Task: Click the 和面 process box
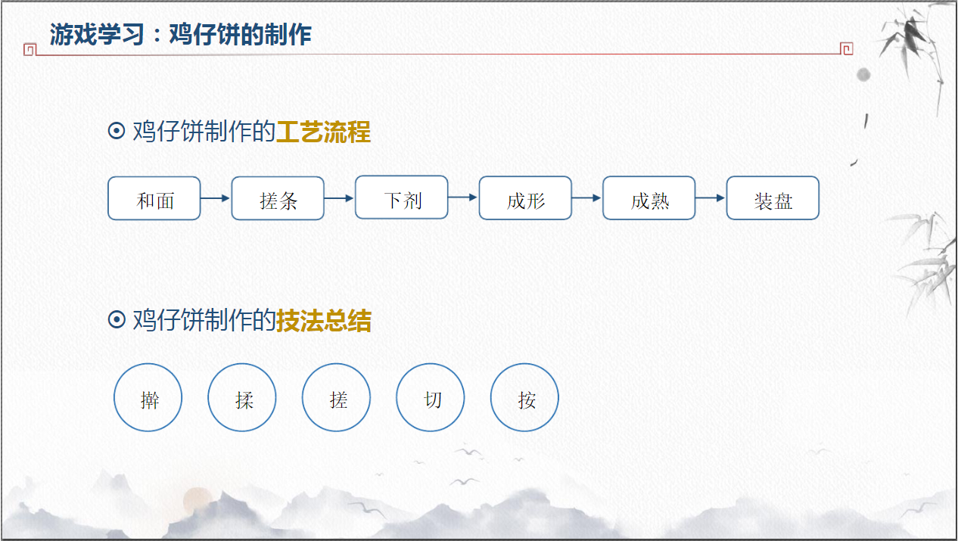[x=154, y=198]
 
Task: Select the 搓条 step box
[x=278, y=198]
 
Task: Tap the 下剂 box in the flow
[x=402, y=197]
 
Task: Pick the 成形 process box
[x=525, y=198]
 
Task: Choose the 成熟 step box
[x=649, y=198]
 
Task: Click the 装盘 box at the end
[x=773, y=198]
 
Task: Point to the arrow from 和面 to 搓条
[x=216, y=198]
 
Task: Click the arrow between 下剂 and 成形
[x=463, y=197]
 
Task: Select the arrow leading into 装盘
[x=711, y=198]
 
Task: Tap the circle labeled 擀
[x=148, y=398]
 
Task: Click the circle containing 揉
[x=242, y=398]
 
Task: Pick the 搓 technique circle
[x=337, y=398]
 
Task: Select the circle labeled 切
[x=431, y=398]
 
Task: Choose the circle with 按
[x=525, y=398]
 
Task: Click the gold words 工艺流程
[x=323, y=132]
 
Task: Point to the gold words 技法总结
[x=324, y=321]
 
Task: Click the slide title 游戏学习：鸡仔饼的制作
[x=181, y=34]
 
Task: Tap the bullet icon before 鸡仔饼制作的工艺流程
[x=117, y=132]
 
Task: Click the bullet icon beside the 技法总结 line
[x=117, y=320]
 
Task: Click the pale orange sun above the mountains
[x=198, y=500]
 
